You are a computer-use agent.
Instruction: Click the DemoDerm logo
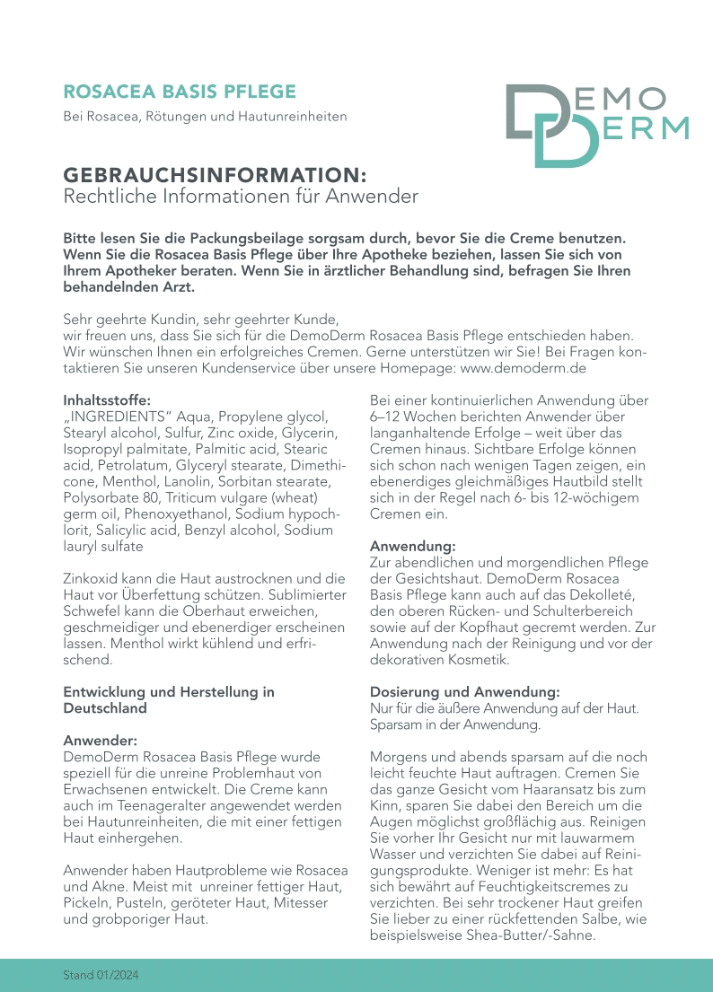tap(596, 125)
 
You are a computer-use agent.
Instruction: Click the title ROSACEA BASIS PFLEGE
tap(180, 92)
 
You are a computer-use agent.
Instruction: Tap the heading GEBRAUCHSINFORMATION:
tap(215, 174)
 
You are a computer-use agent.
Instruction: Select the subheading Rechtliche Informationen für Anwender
tap(241, 196)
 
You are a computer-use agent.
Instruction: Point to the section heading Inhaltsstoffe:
tap(107, 400)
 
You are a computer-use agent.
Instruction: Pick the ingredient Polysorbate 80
tap(109, 497)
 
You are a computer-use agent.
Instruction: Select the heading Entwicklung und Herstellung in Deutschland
tap(169, 699)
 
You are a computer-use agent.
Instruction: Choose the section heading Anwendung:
tap(413, 546)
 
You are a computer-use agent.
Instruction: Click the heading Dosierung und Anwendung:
tap(465, 692)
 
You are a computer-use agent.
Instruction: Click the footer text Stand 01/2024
tap(101, 974)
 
